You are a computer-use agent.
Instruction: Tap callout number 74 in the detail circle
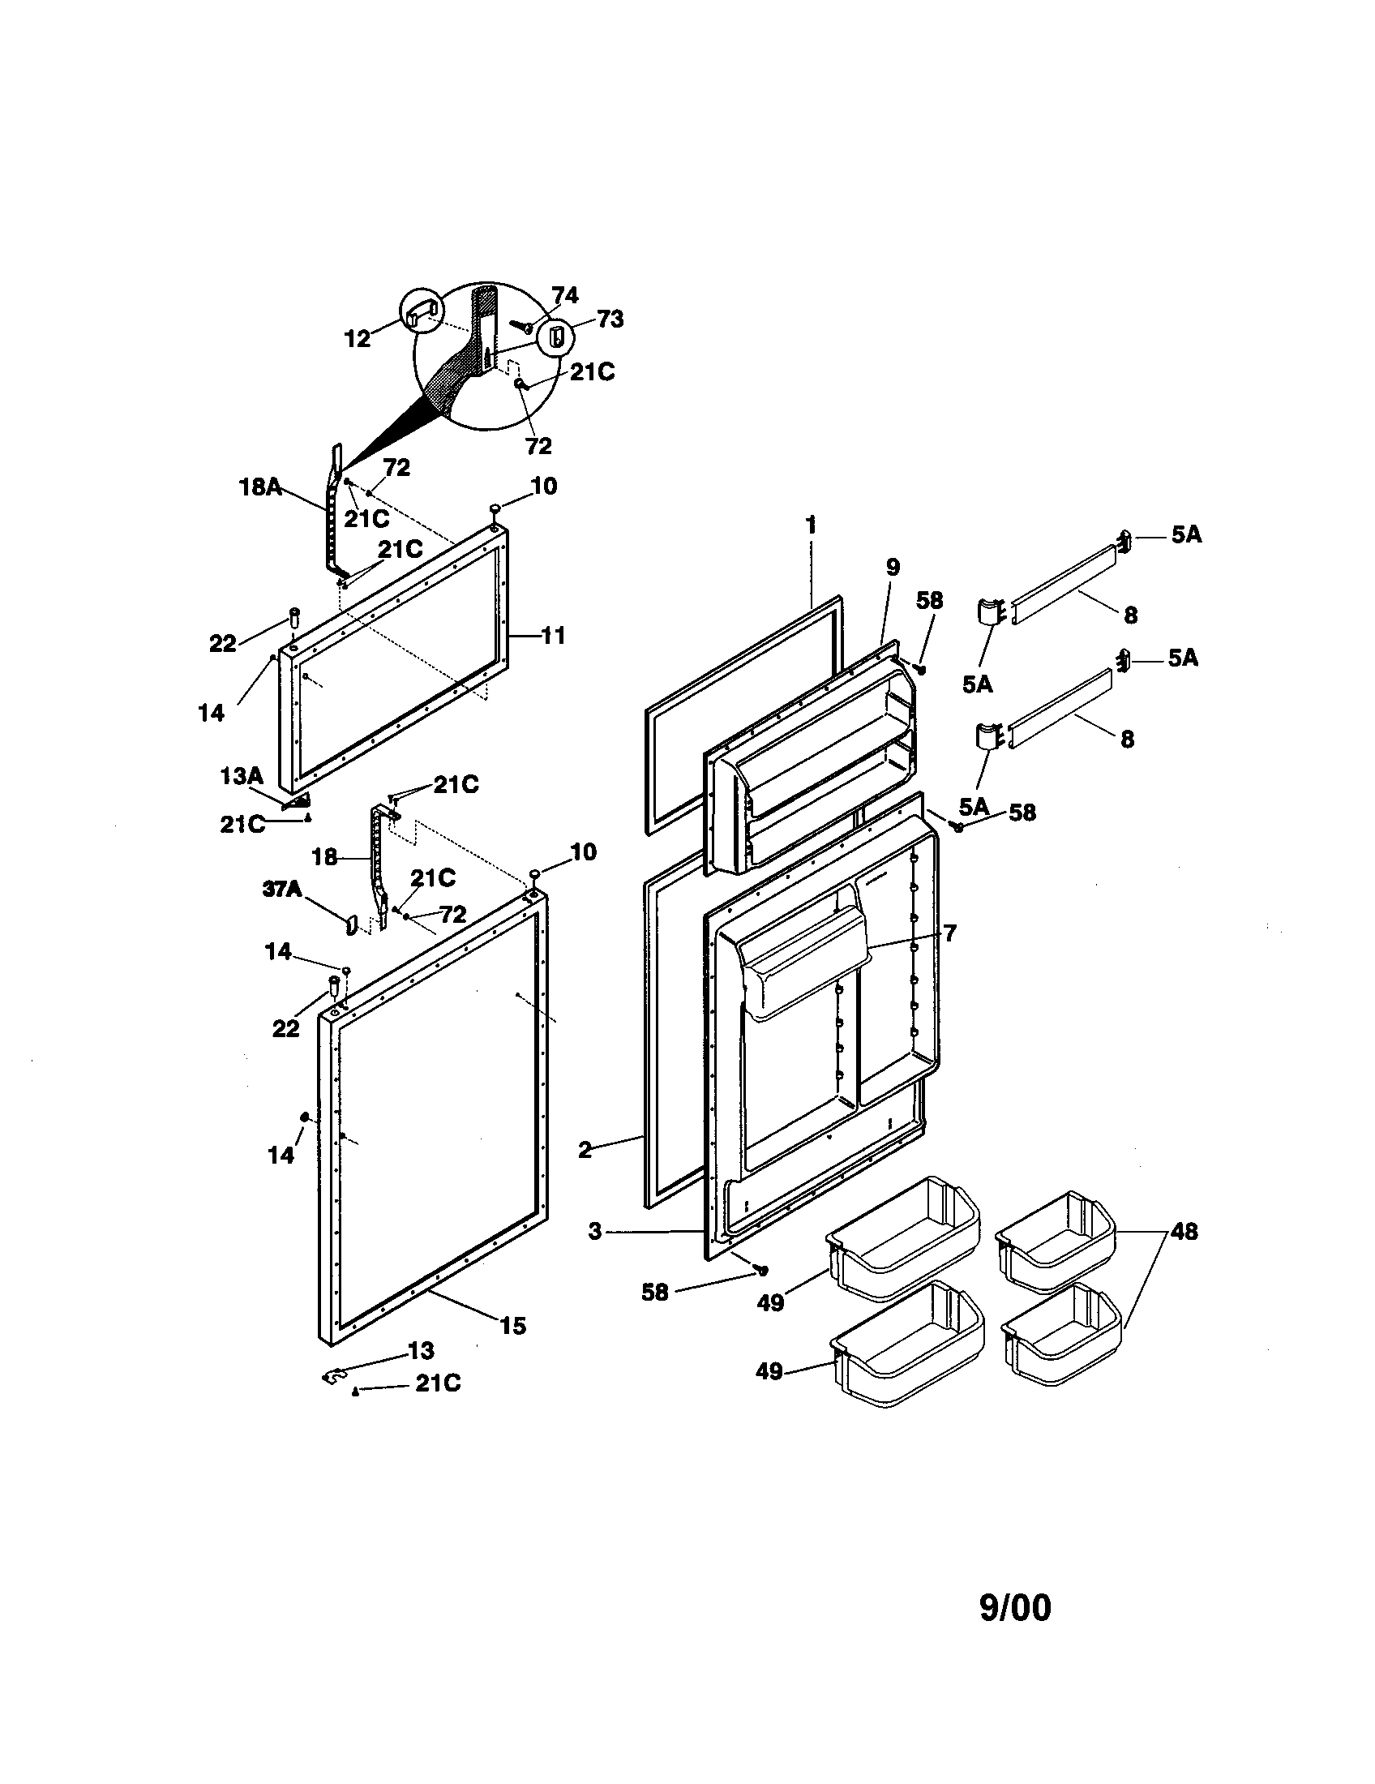[x=564, y=295]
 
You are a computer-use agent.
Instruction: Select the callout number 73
[x=610, y=319]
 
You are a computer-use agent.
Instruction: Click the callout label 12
[x=358, y=338]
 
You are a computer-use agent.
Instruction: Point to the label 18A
[x=260, y=487]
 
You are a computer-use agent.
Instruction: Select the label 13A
[x=242, y=776]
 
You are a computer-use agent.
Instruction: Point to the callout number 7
[x=949, y=933]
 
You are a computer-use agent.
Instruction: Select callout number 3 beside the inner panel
[x=594, y=1231]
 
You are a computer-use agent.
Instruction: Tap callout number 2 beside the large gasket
[x=585, y=1151]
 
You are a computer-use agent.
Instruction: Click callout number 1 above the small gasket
[x=811, y=525]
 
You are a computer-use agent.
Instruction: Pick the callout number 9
[x=892, y=566]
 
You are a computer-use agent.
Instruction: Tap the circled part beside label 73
[x=555, y=336]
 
